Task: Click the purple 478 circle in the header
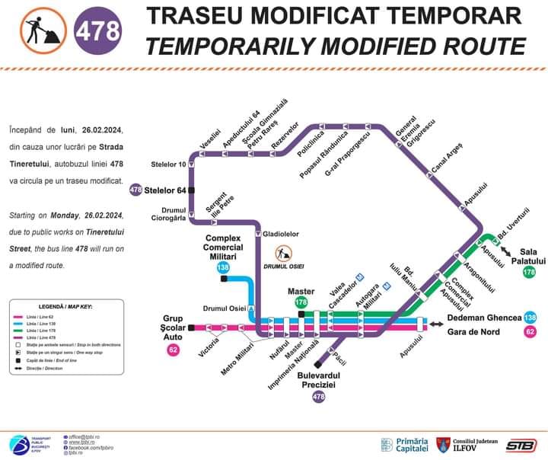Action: tap(99, 31)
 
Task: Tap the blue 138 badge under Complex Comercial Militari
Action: tap(223, 267)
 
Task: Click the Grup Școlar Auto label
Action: tap(173, 327)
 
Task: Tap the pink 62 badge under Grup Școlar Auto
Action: tap(174, 350)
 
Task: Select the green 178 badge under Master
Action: tap(301, 302)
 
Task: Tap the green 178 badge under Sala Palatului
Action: tap(529, 272)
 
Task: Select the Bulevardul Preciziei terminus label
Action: tap(319, 380)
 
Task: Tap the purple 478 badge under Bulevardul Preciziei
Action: tap(319, 397)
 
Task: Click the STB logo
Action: tap(521, 445)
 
